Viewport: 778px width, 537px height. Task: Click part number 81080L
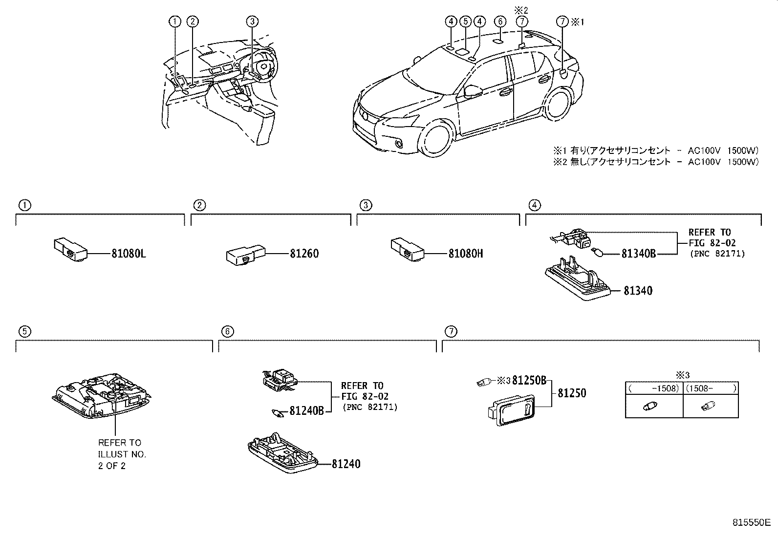[129, 254]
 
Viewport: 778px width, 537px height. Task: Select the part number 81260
[303, 254]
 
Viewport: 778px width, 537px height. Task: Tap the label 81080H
[466, 254]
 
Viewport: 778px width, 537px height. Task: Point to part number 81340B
[638, 254]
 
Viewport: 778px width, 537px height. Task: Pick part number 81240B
[306, 411]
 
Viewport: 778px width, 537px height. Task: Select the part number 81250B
[529, 381]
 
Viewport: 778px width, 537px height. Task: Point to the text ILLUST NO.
[122, 454]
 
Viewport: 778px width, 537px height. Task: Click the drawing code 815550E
[751, 522]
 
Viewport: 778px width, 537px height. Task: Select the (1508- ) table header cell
[711, 388]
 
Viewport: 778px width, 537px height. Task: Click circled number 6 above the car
[499, 21]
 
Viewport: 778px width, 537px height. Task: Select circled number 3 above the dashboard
[252, 21]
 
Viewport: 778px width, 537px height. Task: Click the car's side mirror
[473, 90]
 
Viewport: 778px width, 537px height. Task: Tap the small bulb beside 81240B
[278, 413]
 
